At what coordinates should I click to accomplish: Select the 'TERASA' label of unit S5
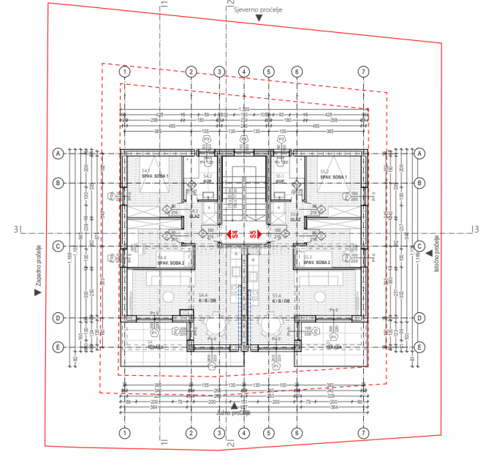tap(333, 348)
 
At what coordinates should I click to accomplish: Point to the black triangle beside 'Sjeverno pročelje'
tap(259, 20)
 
